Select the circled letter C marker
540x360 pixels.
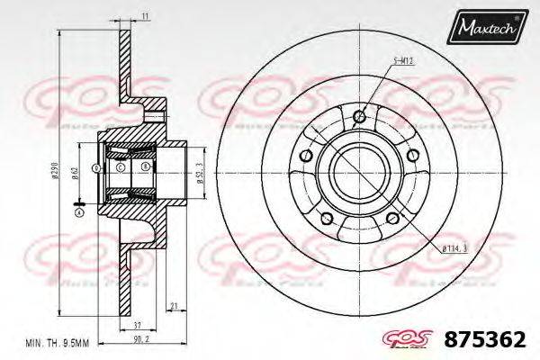tap(120, 168)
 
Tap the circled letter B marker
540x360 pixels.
tap(144, 168)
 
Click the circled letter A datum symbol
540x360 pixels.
tap(79, 212)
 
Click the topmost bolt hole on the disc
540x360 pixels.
tap(360, 115)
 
